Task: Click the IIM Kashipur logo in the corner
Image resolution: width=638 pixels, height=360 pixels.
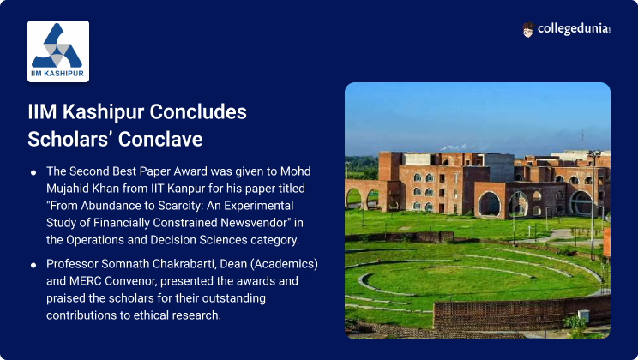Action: pos(58,51)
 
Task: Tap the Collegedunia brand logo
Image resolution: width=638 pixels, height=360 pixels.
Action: pos(566,30)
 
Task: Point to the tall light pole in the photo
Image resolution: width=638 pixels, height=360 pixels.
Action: pos(591,206)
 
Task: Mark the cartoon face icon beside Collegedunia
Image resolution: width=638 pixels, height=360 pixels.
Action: pos(527,30)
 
